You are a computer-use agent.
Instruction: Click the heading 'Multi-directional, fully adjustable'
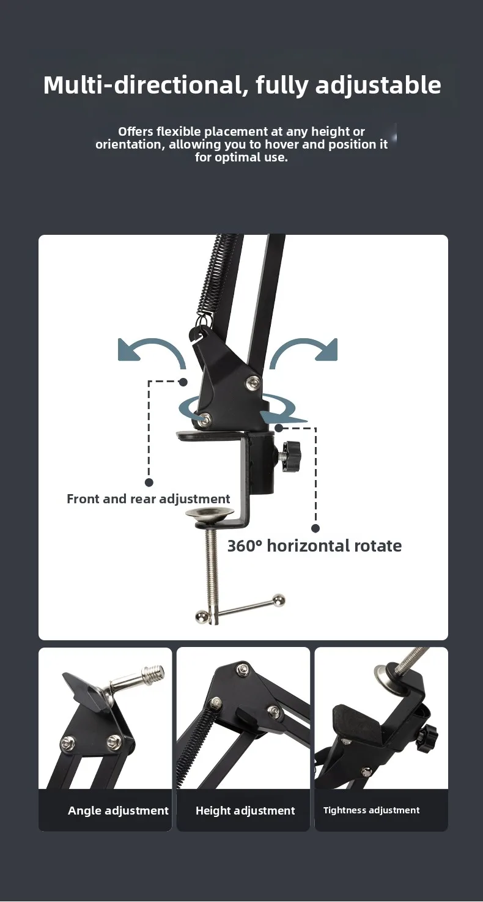[x=242, y=86]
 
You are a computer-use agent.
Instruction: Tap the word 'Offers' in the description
[x=136, y=131]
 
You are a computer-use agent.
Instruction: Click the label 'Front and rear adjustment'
[x=148, y=499]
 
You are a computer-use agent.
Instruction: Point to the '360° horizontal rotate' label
[x=314, y=546]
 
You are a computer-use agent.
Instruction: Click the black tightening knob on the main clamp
[x=292, y=456]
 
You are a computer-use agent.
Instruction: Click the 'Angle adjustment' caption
[x=118, y=811]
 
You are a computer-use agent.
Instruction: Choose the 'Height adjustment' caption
[x=245, y=811]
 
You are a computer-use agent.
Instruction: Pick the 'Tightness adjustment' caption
[x=371, y=810]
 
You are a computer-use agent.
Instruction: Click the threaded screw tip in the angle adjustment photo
[x=156, y=671]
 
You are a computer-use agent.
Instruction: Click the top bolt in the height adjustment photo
[x=242, y=669]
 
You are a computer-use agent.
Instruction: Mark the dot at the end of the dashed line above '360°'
[x=316, y=528]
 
